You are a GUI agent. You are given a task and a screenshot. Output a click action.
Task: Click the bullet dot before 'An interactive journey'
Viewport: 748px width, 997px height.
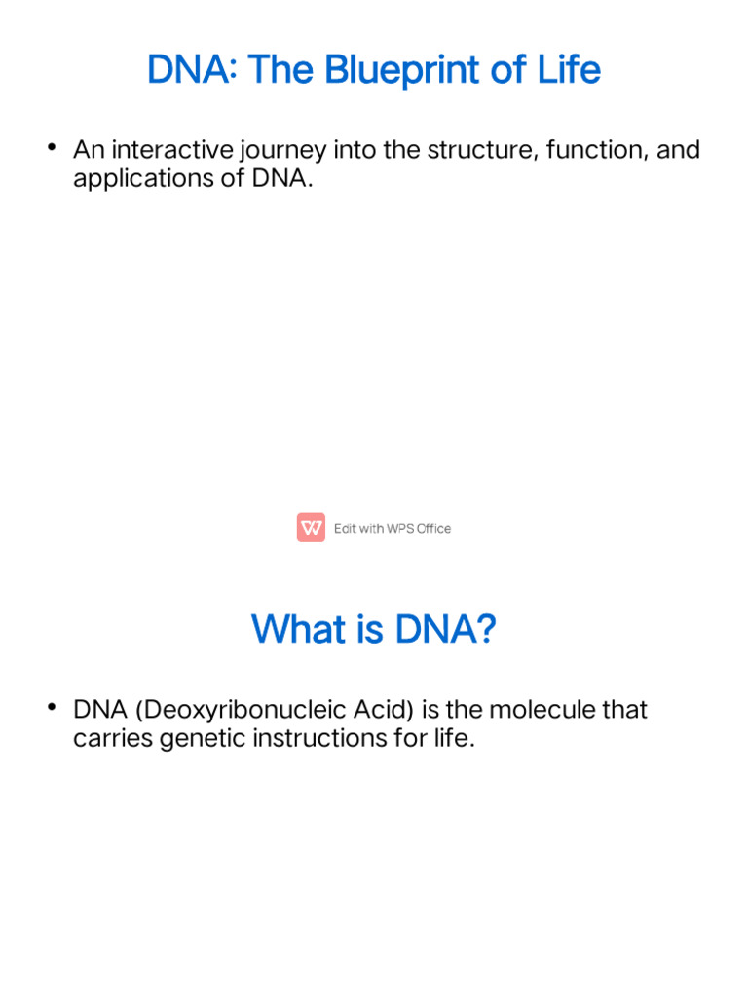click(x=51, y=147)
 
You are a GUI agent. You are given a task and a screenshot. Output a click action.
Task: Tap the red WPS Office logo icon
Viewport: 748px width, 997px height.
click(x=311, y=528)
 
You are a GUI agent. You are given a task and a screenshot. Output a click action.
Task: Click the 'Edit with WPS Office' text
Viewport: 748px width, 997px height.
click(x=393, y=529)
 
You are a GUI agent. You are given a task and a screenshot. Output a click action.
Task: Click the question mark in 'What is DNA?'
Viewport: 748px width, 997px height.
click(x=484, y=629)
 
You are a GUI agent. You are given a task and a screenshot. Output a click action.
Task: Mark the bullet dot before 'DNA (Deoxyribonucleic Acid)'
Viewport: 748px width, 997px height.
click(x=51, y=706)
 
